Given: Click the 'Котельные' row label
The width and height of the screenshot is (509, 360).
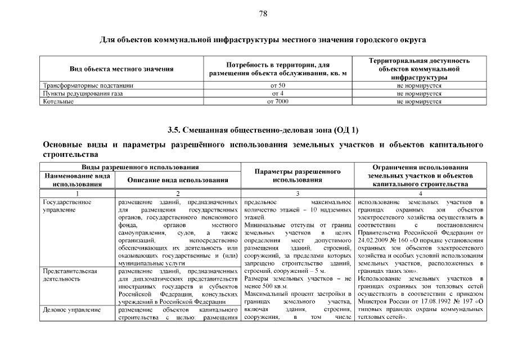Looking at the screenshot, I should (58, 101).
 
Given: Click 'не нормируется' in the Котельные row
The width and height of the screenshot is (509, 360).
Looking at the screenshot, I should (419, 101).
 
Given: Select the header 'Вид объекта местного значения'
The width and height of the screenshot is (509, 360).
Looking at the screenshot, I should (121, 69).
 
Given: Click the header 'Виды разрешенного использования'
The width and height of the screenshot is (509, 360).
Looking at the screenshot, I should (140, 167).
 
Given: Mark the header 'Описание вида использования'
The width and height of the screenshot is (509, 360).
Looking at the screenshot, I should (177, 180).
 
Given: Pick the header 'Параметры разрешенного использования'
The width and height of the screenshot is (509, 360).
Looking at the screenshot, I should (298, 175).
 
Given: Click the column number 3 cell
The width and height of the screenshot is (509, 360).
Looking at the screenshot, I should (298, 193).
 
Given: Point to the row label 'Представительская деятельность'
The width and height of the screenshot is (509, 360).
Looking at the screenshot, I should (70, 274).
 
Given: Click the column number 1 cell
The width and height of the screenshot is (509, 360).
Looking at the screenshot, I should (78, 193).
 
